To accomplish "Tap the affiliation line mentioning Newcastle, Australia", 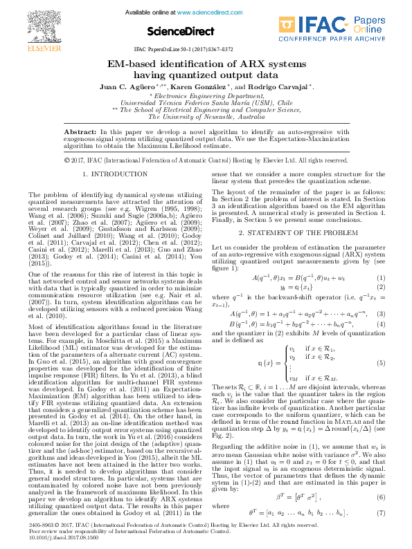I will [206, 117].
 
